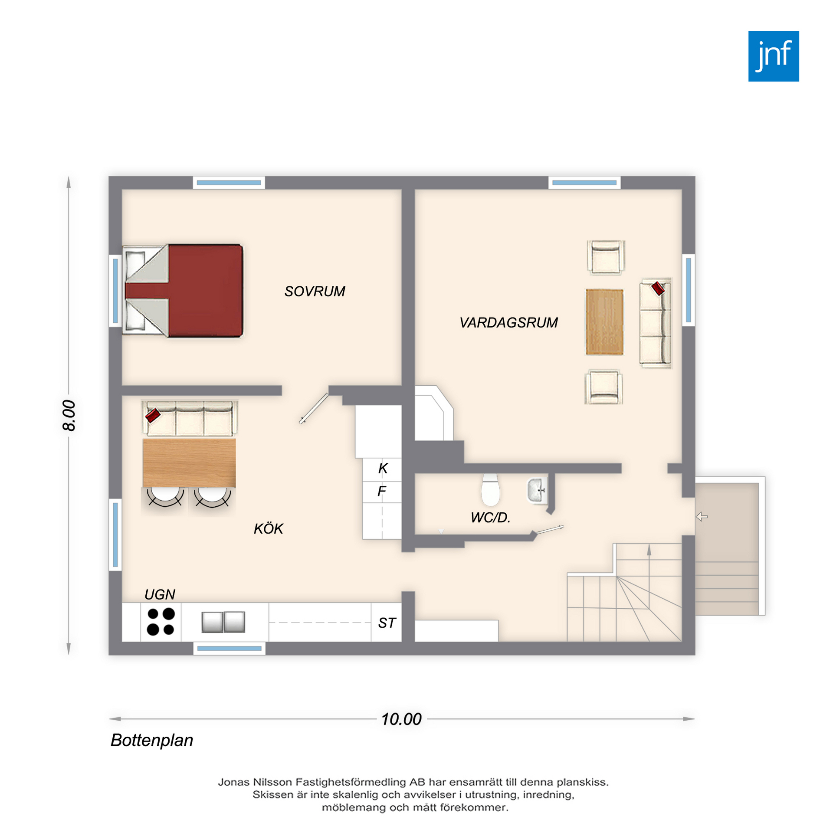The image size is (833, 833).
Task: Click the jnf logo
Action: (x=773, y=56)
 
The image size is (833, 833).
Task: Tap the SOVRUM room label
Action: (x=315, y=291)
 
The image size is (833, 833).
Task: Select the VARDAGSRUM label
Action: (x=508, y=322)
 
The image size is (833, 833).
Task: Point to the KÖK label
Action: (x=268, y=528)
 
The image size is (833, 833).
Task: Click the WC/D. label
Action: (x=490, y=517)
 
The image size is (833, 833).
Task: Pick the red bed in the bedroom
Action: (x=183, y=291)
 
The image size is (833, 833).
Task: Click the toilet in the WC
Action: (x=490, y=490)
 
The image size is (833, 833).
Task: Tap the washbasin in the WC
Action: (x=537, y=491)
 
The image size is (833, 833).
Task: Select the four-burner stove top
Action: (x=161, y=622)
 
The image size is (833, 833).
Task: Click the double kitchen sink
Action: (x=223, y=622)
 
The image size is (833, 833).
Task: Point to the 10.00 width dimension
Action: (x=401, y=719)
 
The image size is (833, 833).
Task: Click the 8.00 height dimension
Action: (x=69, y=415)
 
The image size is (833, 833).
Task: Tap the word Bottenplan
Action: (x=152, y=740)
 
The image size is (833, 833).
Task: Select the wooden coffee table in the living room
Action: (x=604, y=322)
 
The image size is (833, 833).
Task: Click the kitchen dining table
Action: (x=189, y=463)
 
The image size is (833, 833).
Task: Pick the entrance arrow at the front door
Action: (x=702, y=516)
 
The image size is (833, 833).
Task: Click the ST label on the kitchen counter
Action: (x=387, y=623)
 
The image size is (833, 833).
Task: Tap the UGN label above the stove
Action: (x=160, y=594)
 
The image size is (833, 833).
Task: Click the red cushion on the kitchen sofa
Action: (x=153, y=415)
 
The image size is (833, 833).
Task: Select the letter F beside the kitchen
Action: (x=382, y=491)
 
